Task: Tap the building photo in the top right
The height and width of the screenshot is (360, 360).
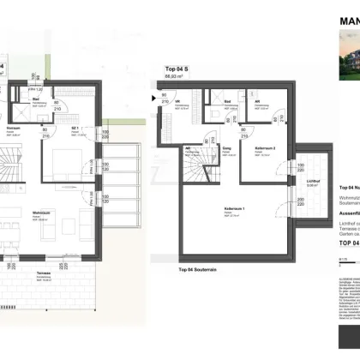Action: pyautogui.click(x=347, y=62)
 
